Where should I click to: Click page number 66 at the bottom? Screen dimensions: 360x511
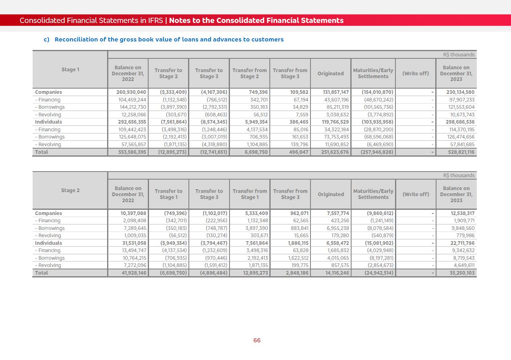[x=257, y=340]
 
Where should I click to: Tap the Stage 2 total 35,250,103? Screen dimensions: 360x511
[x=461, y=273]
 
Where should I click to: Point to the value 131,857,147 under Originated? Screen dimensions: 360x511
[x=336, y=92]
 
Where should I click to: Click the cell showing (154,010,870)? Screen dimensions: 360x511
[x=377, y=92]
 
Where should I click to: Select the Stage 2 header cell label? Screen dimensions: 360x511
[x=70, y=190]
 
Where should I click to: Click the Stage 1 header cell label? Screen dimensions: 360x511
[x=70, y=70]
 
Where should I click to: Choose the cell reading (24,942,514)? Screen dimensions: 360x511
[x=377, y=273]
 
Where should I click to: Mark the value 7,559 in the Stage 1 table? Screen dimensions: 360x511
[x=302, y=115]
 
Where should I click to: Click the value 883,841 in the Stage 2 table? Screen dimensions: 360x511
[x=298, y=228]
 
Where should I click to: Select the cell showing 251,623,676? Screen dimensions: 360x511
[x=336, y=152]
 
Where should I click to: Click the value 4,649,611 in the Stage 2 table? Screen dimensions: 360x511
[x=464, y=265]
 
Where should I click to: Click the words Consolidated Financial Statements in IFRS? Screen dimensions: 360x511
[x=91, y=21]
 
